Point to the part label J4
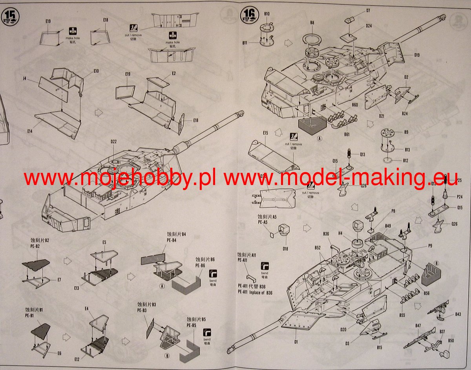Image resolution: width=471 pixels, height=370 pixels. click(x=24, y=79)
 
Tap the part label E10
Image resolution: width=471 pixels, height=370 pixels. click(x=96, y=71)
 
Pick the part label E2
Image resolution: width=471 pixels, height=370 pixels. click(x=174, y=73)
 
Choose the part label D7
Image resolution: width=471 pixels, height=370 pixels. click(x=368, y=10)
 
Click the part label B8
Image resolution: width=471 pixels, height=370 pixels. click(x=312, y=23)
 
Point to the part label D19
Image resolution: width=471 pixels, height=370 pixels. click(x=416, y=55)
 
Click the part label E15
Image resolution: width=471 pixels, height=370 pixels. click(x=266, y=133)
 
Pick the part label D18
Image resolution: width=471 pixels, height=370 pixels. click(x=285, y=249)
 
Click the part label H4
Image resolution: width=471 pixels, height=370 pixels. click(x=340, y=233)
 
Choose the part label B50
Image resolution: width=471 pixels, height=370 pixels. click(x=451, y=341)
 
